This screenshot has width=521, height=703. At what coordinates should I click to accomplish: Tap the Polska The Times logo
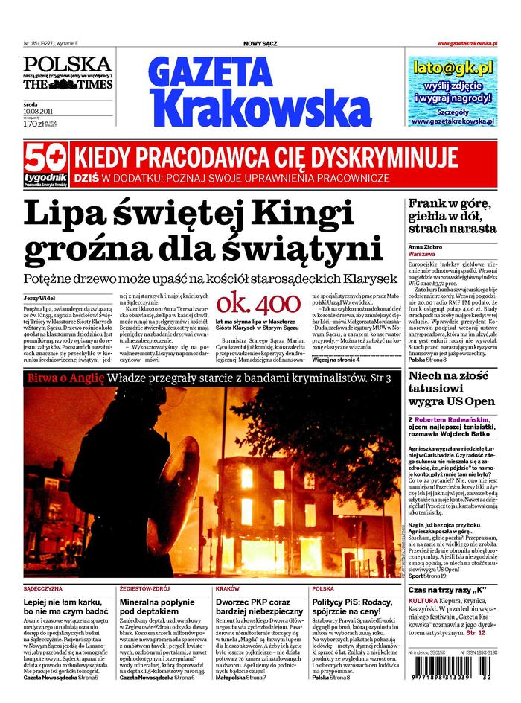pos(67,73)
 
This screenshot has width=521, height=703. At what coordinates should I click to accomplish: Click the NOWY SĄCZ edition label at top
pos(260,44)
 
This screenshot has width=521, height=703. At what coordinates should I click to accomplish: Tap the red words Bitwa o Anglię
pos(65,379)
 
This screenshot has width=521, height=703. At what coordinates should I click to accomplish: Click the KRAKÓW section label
pos(227,588)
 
